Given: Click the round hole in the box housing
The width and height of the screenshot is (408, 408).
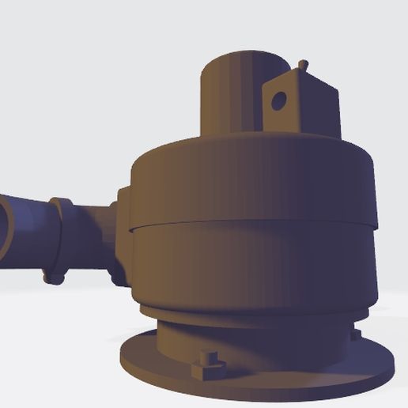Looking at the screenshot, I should (278, 100).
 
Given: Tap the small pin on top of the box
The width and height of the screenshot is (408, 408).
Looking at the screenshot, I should (302, 64).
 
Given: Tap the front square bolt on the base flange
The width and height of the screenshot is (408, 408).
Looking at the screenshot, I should (208, 365).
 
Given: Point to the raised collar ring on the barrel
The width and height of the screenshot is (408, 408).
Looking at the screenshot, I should (59, 237).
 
